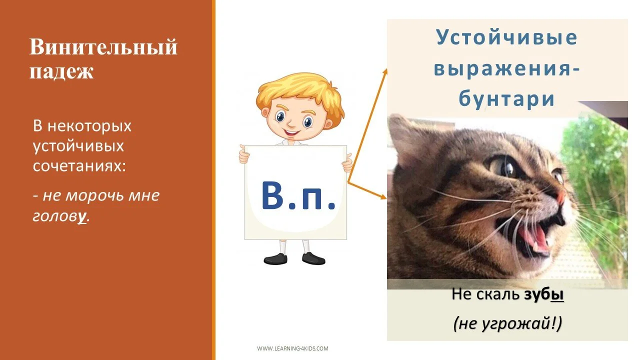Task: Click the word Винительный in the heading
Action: point(103,47)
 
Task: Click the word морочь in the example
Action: point(87,195)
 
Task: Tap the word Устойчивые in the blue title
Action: point(507,37)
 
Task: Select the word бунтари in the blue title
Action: point(507,99)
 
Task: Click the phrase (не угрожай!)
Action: point(507,324)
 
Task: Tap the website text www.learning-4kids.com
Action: point(292,348)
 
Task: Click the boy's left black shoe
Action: point(275,258)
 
